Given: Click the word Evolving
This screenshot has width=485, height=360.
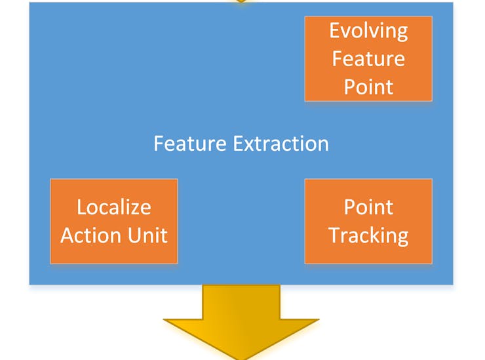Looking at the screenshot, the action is tap(368, 31).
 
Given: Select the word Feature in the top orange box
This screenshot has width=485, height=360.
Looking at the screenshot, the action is tap(368, 58).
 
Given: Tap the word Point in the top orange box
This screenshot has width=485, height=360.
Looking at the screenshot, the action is tap(368, 87).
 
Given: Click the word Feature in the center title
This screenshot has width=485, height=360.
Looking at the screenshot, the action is tap(190, 144).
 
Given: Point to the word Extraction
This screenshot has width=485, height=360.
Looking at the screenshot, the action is tap(281, 144).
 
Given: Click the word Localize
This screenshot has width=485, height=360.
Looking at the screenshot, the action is tap(114, 207).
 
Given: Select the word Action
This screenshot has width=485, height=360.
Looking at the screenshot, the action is tap(91, 235).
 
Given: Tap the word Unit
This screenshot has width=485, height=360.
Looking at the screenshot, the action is tap(147, 235).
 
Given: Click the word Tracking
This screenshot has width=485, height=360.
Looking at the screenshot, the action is tap(368, 236).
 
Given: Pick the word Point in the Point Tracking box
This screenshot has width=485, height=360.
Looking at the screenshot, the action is tap(368, 207).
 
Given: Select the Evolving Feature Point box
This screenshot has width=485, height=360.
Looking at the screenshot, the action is tap(368, 58).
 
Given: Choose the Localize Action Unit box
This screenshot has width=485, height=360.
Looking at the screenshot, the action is tap(114, 222).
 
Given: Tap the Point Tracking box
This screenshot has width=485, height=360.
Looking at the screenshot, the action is tap(368, 222).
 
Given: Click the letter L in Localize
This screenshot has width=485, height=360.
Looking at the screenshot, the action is tap(82, 207).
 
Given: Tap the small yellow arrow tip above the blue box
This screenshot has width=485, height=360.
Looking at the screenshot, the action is tap(241, 1).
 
